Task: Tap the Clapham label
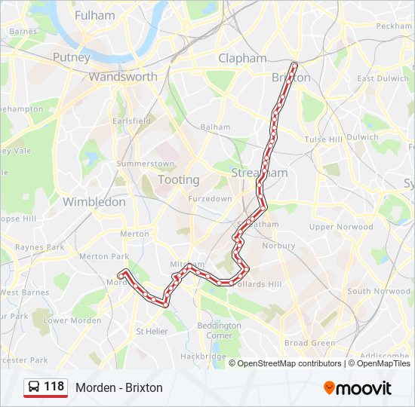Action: [242, 58]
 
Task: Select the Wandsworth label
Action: [123, 76]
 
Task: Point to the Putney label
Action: [72, 57]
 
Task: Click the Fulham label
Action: [96, 15]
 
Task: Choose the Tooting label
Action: [179, 179]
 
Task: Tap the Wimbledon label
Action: [94, 201]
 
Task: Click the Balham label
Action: [215, 127]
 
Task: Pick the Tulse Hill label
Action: [323, 139]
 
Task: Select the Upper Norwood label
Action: [341, 226]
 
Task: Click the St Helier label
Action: [152, 331]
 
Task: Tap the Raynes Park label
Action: [40, 246]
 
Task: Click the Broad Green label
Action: [309, 343]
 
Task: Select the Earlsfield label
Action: [131, 120]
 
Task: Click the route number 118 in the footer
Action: [54, 387]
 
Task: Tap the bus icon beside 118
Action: [35, 387]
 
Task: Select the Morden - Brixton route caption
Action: [119, 388]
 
